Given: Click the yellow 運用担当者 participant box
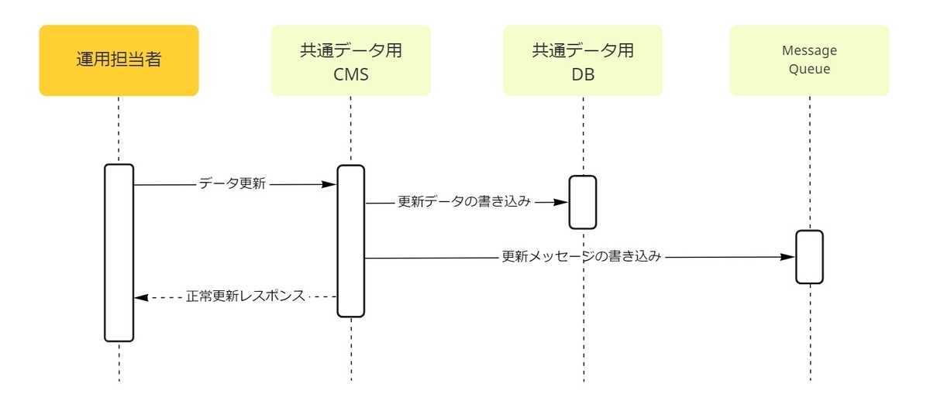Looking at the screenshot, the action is point(119,60).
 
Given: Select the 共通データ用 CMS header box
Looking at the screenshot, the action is point(351,60).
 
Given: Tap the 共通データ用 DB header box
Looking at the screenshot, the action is point(583,60).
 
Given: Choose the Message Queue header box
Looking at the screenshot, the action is point(810,60).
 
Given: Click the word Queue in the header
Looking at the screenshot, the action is point(809,69).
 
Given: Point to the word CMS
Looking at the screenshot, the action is point(351,74).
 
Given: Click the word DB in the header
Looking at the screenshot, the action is point(583,74).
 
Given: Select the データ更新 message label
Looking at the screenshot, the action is point(232,183).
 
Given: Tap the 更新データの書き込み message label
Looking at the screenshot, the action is point(464,201).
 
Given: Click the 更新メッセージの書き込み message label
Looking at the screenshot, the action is point(581,256).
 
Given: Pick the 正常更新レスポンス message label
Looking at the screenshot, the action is point(246,296).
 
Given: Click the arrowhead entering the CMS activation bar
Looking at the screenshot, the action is point(329,184).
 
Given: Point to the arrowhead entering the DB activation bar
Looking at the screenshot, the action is point(561,202).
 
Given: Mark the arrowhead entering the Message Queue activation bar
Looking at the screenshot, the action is point(787,257).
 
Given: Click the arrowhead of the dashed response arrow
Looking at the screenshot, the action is point(141,298).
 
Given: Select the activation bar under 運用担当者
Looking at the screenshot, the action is point(119,253).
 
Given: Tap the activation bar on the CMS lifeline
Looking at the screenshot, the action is point(351,241).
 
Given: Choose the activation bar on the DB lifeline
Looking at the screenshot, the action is point(583,202).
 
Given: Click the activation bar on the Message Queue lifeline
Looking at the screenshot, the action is point(810,257).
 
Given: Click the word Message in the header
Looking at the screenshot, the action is point(809,50).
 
